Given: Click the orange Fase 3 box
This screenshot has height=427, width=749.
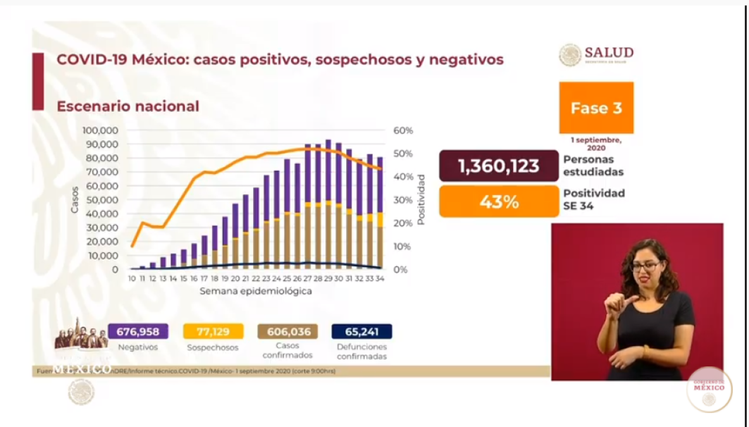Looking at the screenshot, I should click(596, 108).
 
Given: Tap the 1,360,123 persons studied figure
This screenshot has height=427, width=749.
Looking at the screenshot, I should click(498, 166).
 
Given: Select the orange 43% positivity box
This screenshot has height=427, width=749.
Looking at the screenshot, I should click(498, 202).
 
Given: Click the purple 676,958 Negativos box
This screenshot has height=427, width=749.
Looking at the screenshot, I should click(138, 331).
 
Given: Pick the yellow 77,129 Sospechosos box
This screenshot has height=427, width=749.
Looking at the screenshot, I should click(213, 331).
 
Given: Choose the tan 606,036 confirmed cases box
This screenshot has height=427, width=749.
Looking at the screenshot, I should click(288, 331).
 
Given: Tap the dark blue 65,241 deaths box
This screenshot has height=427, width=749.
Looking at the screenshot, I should click(362, 331).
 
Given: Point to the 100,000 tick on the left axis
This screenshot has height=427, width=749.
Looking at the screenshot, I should click(101, 130).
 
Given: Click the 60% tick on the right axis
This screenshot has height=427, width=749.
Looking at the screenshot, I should click(403, 130).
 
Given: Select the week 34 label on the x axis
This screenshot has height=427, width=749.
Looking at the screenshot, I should click(380, 278).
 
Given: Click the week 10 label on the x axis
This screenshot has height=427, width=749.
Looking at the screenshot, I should click(132, 278).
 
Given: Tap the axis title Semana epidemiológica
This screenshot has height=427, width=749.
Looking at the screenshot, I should click(256, 292).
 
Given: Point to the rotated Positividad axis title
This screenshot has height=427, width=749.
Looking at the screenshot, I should click(421, 199).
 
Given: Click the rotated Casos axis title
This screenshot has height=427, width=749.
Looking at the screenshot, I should click(75, 199).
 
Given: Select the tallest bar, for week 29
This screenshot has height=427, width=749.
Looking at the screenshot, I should click(328, 202).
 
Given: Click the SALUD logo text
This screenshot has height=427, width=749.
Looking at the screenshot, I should click(609, 53).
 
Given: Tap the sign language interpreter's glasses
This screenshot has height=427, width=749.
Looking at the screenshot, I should click(645, 266).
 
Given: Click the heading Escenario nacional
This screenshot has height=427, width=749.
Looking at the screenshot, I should click(128, 106).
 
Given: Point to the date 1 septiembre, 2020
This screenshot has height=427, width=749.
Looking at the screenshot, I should click(596, 143).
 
